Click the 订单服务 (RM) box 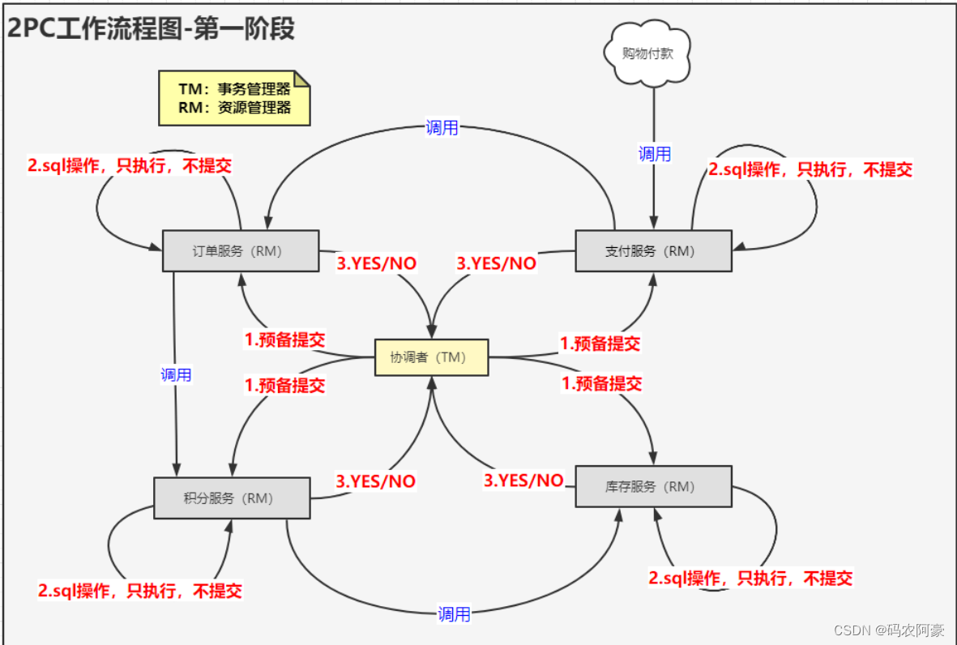(241, 250)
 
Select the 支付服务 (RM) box (653, 250)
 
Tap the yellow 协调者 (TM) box (431, 357)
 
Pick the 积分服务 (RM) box (232, 498)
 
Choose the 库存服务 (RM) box (653, 486)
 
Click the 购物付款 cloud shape (647, 53)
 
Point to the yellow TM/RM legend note (234, 98)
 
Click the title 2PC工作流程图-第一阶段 (151, 29)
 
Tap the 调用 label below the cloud (654, 154)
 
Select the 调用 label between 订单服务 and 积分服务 (176, 374)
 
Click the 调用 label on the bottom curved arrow (454, 614)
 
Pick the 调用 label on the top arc (442, 128)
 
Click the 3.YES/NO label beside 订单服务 (376, 264)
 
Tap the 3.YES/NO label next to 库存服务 (523, 481)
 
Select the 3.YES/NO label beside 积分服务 (376, 481)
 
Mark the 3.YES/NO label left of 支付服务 (496, 263)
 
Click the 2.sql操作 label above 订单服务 (130, 166)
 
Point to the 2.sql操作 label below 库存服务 (750, 578)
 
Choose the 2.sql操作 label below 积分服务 (139, 590)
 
